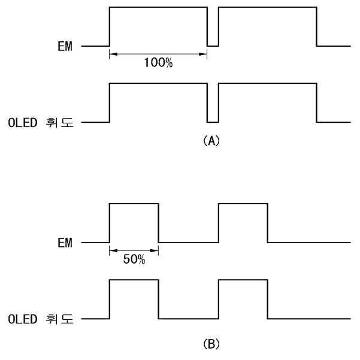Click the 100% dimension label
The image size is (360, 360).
(158, 63)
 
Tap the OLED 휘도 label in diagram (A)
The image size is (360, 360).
(41, 122)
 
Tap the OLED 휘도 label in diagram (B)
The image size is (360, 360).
(41, 319)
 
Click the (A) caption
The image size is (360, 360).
(212, 141)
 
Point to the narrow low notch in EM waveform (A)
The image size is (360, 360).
(213, 44)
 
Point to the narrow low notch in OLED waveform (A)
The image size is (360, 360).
(213, 121)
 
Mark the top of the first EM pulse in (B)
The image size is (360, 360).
(134, 204)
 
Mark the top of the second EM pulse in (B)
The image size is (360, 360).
(243, 204)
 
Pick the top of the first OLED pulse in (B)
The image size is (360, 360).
(134, 280)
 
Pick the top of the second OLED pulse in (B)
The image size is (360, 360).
(243, 280)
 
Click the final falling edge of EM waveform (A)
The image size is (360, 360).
(316, 26)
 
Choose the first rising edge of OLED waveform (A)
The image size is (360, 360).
(110, 103)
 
